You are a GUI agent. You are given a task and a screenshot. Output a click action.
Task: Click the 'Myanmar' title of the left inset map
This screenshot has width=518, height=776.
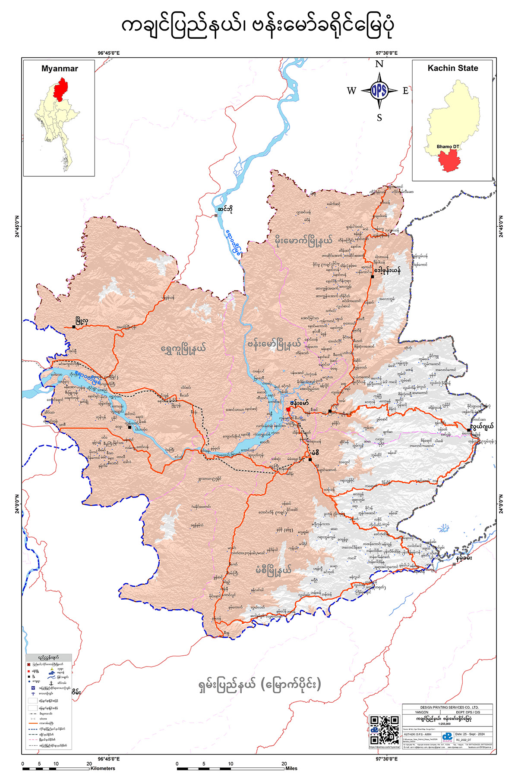(60, 69)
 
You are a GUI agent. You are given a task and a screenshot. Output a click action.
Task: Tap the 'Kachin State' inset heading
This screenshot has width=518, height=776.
(452, 68)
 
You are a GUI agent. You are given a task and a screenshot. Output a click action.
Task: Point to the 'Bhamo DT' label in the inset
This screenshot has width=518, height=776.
(448, 147)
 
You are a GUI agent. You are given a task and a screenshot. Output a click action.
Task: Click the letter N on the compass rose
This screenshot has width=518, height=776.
(379, 64)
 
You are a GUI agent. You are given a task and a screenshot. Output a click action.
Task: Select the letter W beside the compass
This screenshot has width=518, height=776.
(351, 91)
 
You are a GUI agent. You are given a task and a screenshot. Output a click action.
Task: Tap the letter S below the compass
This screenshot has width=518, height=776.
(379, 118)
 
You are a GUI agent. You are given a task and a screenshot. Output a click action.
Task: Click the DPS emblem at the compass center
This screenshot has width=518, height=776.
(379, 91)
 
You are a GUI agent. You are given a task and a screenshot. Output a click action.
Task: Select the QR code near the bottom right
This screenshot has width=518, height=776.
(384, 730)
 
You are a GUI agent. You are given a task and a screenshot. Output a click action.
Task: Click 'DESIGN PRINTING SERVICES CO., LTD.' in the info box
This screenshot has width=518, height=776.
(447, 707)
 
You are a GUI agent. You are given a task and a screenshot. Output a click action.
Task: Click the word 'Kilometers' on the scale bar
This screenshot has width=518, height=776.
(103, 768)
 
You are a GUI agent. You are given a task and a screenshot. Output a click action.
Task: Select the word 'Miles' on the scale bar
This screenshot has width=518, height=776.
(291, 768)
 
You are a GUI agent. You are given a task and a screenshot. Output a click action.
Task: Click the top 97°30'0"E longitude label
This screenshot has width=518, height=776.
(386, 53)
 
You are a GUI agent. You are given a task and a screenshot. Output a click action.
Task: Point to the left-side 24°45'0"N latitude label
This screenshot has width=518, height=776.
(17, 226)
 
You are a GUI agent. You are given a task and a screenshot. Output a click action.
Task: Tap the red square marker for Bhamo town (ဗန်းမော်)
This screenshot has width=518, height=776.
(288, 410)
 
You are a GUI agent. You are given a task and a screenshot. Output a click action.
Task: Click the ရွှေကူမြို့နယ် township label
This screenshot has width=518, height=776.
(183, 348)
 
